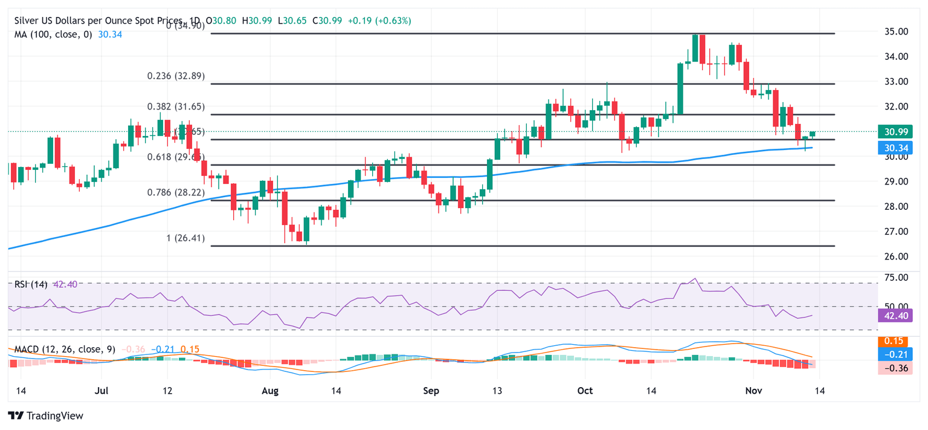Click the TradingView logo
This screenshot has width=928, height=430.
[45, 416]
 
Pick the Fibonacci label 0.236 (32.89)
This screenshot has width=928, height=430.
[176, 76]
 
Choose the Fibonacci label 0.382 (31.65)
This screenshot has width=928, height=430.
[176, 106]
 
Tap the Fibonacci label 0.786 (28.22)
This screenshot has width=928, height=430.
[176, 192]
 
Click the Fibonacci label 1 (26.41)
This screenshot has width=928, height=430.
[185, 238]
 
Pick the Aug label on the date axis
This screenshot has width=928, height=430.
[270, 391]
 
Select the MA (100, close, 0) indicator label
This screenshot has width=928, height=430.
[53, 34]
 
